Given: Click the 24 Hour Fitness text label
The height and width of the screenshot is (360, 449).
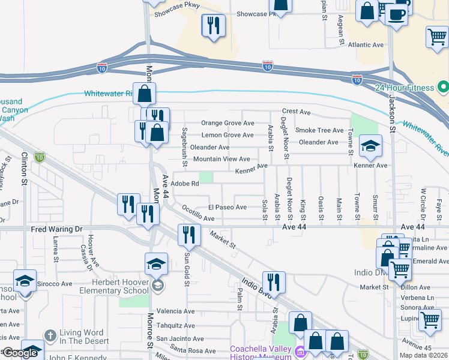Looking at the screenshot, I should tap(404, 88).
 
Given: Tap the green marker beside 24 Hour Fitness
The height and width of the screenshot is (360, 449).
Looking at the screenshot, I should tap(444, 88).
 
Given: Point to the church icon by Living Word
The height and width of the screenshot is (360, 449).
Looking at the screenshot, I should tap(51, 334).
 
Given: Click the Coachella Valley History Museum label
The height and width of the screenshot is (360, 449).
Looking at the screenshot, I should tap(261, 352).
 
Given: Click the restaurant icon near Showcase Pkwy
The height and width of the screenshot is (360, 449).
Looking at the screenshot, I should tap(213, 25).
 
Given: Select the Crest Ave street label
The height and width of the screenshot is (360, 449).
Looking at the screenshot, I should tap(296, 112).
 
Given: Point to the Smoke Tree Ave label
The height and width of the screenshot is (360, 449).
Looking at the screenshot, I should tap(319, 130).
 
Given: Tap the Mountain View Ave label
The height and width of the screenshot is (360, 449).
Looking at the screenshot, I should tap(221, 159).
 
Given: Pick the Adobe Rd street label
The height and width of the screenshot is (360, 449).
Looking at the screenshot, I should tap(185, 184).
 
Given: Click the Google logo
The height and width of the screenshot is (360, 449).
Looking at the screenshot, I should tap(20, 353).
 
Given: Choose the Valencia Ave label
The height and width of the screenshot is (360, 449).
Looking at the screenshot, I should tap(175, 311).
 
